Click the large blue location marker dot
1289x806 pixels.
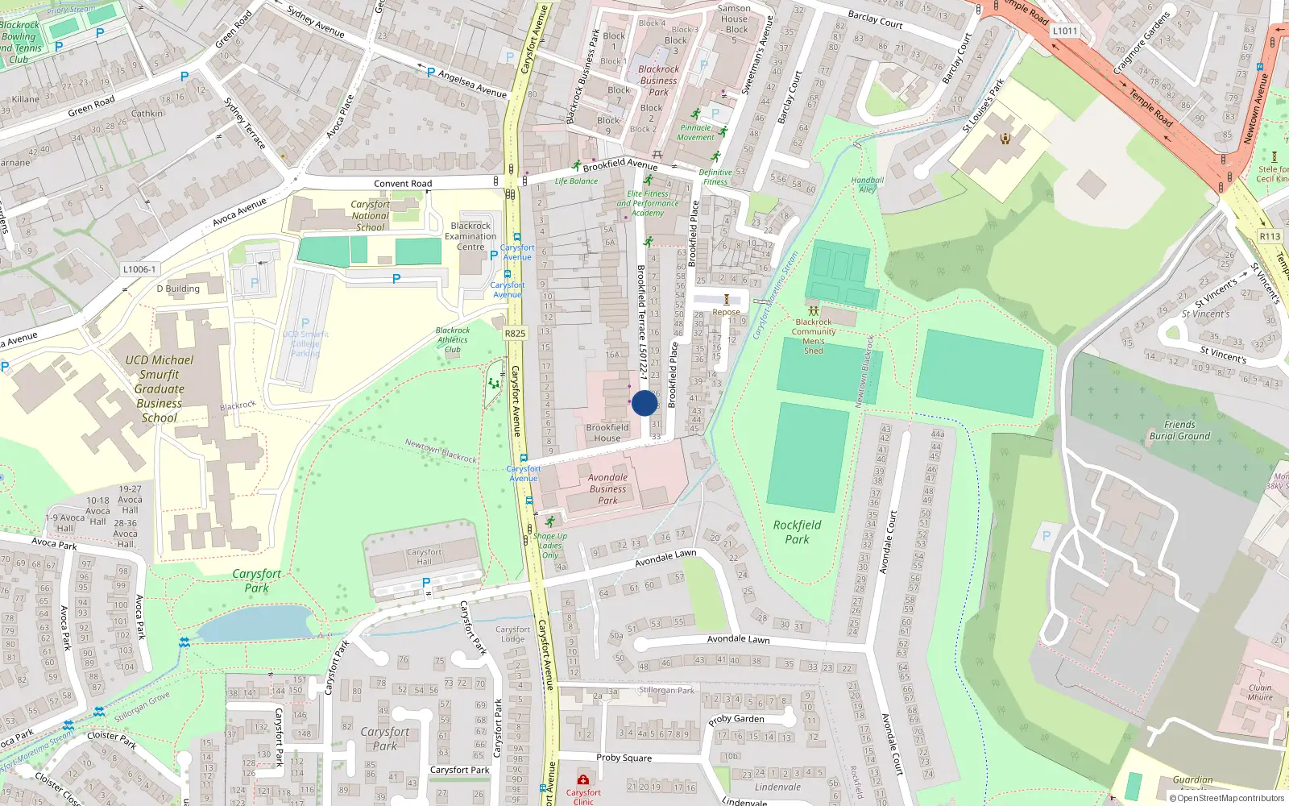[644, 403]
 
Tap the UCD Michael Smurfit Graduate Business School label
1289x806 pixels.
[160, 388]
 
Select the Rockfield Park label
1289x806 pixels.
[797, 532]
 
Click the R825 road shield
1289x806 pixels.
[515, 333]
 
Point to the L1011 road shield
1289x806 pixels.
[1064, 31]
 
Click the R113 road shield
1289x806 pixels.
[1270, 236]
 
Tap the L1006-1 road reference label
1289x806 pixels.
[139, 269]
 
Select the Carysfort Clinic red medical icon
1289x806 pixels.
[582, 780]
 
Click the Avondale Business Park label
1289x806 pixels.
[607, 488]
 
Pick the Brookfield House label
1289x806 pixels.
[607, 433]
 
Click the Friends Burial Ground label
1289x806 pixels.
[1179, 430]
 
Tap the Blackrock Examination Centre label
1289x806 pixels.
[470, 236]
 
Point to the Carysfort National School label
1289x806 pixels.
[370, 216]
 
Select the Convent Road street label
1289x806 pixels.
[403, 184]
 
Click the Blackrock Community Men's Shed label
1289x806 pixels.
[813, 336]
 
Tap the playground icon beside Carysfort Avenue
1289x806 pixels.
[493, 384]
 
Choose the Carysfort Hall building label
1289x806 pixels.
[424, 557]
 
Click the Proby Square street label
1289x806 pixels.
[624, 758]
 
